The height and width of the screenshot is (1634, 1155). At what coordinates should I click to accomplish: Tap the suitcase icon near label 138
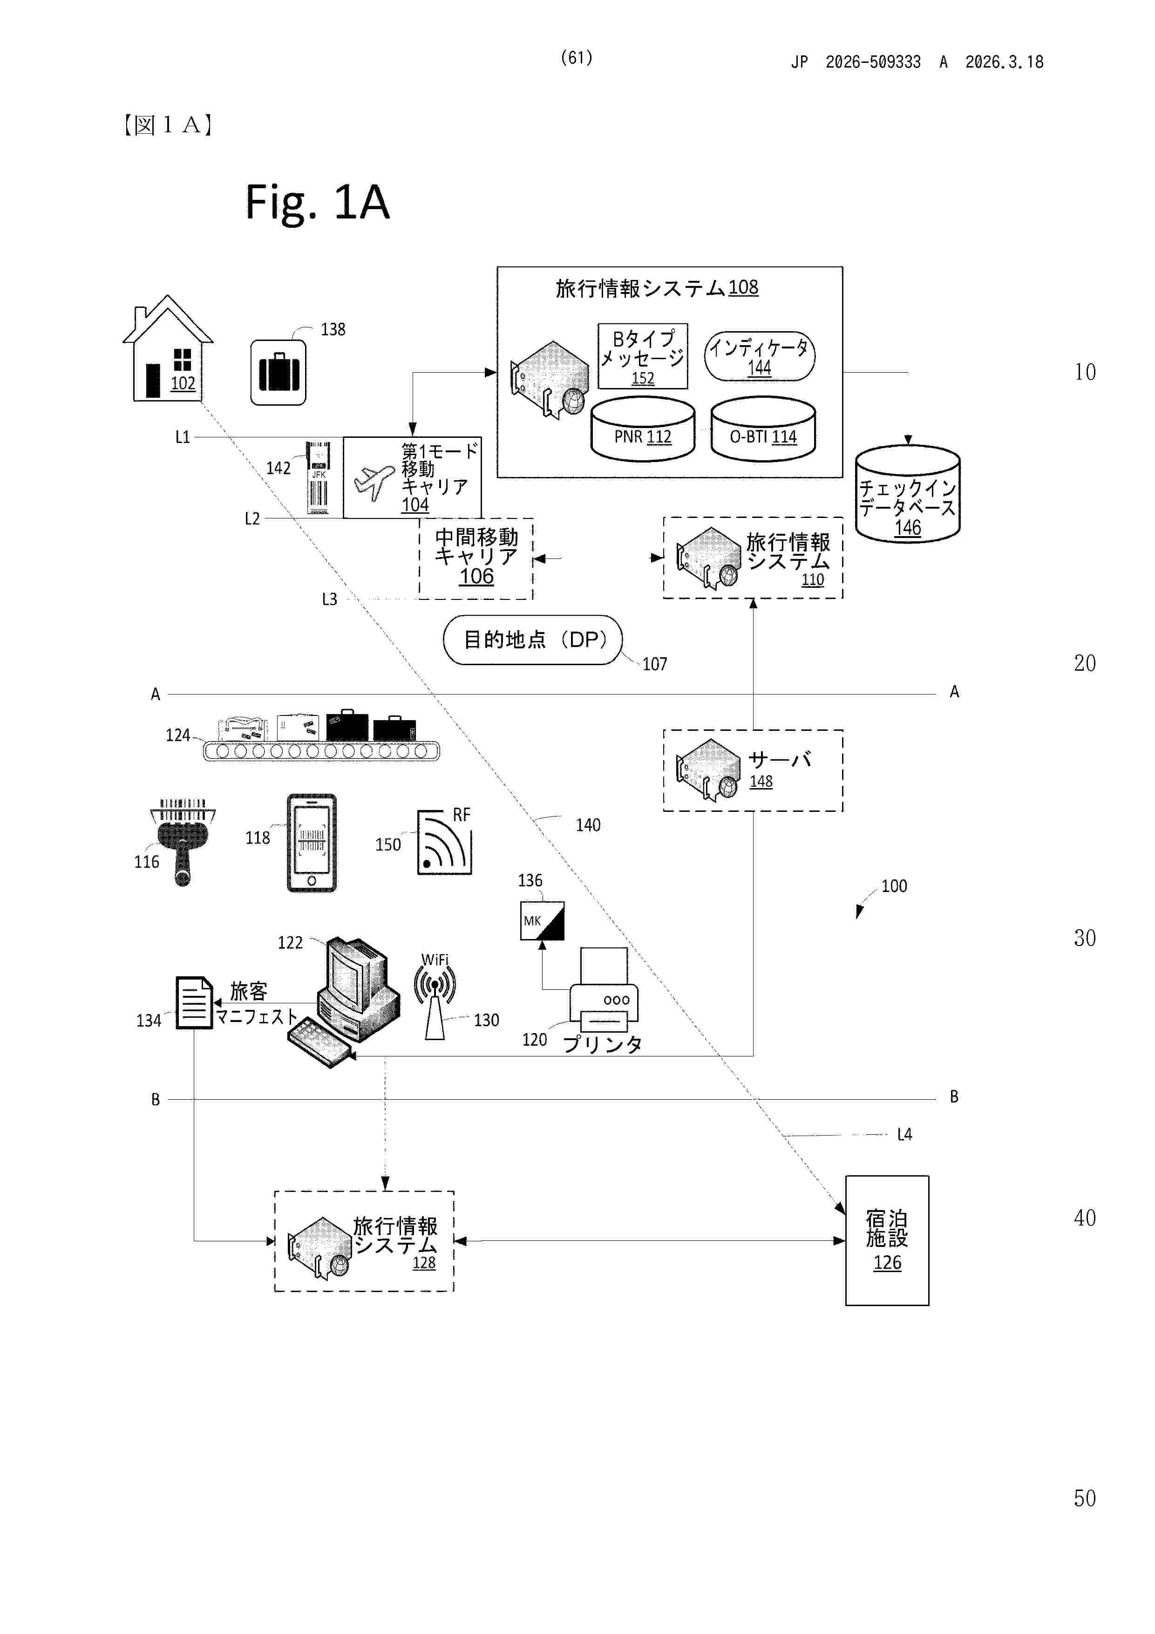[x=278, y=372]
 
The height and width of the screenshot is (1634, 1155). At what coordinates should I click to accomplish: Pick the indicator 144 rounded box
[x=759, y=356]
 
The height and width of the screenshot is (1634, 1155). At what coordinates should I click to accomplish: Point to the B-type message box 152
[x=643, y=356]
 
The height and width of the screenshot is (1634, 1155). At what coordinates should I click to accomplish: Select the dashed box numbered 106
[x=476, y=558]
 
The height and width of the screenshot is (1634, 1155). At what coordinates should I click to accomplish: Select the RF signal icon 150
[x=444, y=842]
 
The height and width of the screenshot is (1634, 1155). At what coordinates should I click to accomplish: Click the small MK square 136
[x=542, y=921]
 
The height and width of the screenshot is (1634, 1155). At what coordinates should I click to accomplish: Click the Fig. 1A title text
[x=318, y=202]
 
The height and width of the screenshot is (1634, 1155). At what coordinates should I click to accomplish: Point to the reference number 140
[x=588, y=825]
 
